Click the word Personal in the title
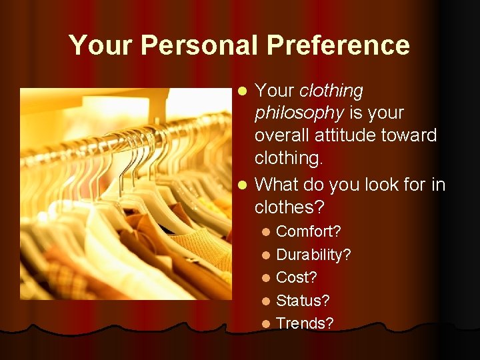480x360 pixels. coord(200,45)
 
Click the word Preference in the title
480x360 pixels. coord(338,45)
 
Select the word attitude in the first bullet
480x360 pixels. coord(340,135)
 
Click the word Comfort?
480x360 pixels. coord(309,231)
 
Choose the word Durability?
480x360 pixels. coord(313,255)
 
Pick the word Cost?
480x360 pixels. coord(297,277)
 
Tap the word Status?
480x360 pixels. coord(303,301)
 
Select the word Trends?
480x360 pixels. coord(305,323)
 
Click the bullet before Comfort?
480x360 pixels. coord(266,232)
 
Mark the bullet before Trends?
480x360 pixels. coord(266,324)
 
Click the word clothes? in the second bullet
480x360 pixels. coord(289,207)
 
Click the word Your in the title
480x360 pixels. coord(100,45)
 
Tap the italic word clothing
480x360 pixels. coord(331,91)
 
